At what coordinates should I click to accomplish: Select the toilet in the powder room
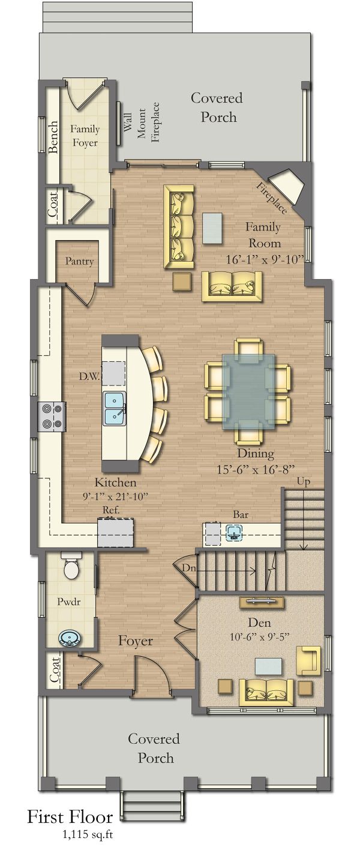coord(71,567)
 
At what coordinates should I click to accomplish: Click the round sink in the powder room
coord(70,637)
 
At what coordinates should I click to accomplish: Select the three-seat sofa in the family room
coord(179,226)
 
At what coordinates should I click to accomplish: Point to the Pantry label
coord(79,262)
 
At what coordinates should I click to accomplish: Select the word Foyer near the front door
coord(135,641)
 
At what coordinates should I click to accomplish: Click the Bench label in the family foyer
coord(53,137)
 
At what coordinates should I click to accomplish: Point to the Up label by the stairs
coord(303,482)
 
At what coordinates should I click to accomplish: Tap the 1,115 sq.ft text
coord(87,834)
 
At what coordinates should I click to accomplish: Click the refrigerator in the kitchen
coord(116,532)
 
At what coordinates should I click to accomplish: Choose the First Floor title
coord(70,817)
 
